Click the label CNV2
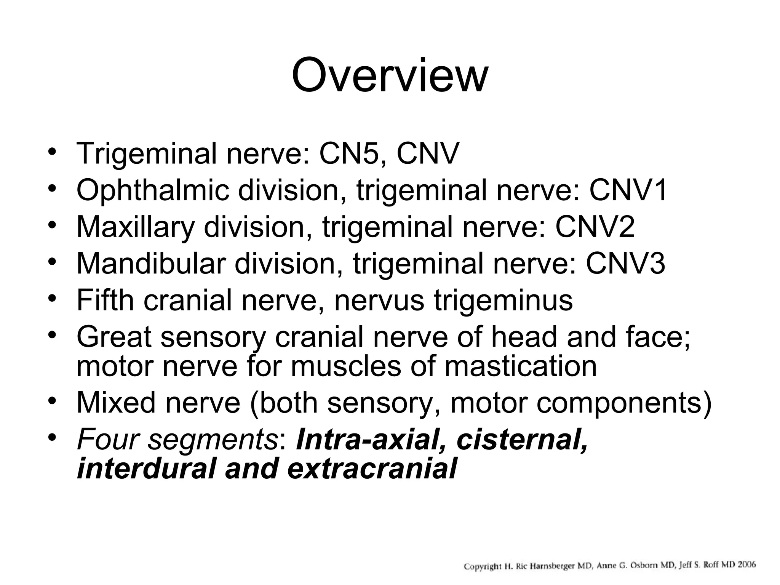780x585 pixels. pos(595,227)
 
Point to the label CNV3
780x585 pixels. pos(625,264)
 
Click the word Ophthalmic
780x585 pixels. pos(153,190)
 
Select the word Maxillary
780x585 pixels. pos(136,227)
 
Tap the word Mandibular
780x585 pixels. pos(151,264)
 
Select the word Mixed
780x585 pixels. pos(116,403)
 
